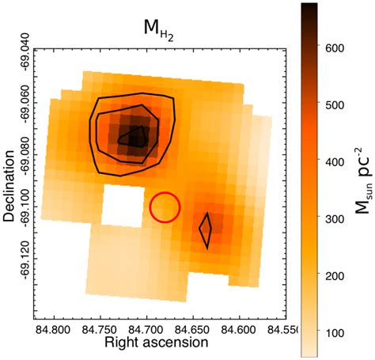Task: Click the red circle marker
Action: coord(165,207)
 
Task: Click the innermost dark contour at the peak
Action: coord(134,137)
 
